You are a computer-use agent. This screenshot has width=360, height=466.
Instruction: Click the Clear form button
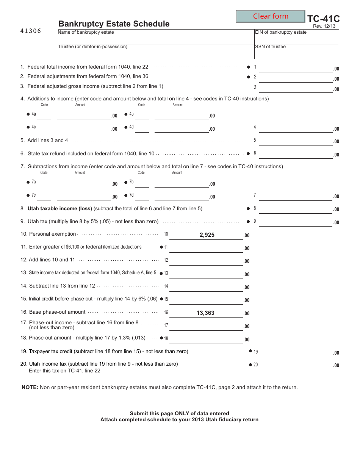(x=271, y=16)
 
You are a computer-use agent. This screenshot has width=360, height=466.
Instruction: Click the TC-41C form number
(x=323, y=19)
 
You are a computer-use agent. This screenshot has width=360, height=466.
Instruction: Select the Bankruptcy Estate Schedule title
(x=114, y=24)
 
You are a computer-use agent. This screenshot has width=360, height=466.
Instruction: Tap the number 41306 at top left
(x=31, y=31)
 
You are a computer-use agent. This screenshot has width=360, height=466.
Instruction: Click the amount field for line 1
(x=296, y=68)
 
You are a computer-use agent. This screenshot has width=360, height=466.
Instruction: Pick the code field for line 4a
(x=44, y=115)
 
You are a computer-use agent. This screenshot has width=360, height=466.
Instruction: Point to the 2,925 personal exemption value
(x=207, y=235)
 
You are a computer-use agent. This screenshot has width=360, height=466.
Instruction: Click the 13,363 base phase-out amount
(x=205, y=313)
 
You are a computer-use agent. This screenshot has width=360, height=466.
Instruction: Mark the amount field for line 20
(x=296, y=366)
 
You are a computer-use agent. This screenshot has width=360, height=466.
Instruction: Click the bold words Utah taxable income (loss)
(x=60, y=208)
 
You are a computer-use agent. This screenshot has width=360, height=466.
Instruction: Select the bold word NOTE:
(x=30, y=387)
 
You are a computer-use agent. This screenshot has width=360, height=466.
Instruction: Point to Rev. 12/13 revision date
(x=324, y=26)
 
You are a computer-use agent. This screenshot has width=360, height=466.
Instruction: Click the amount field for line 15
(x=206, y=300)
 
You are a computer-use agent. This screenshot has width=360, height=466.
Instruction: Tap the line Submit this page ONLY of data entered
(x=179, y=413)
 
